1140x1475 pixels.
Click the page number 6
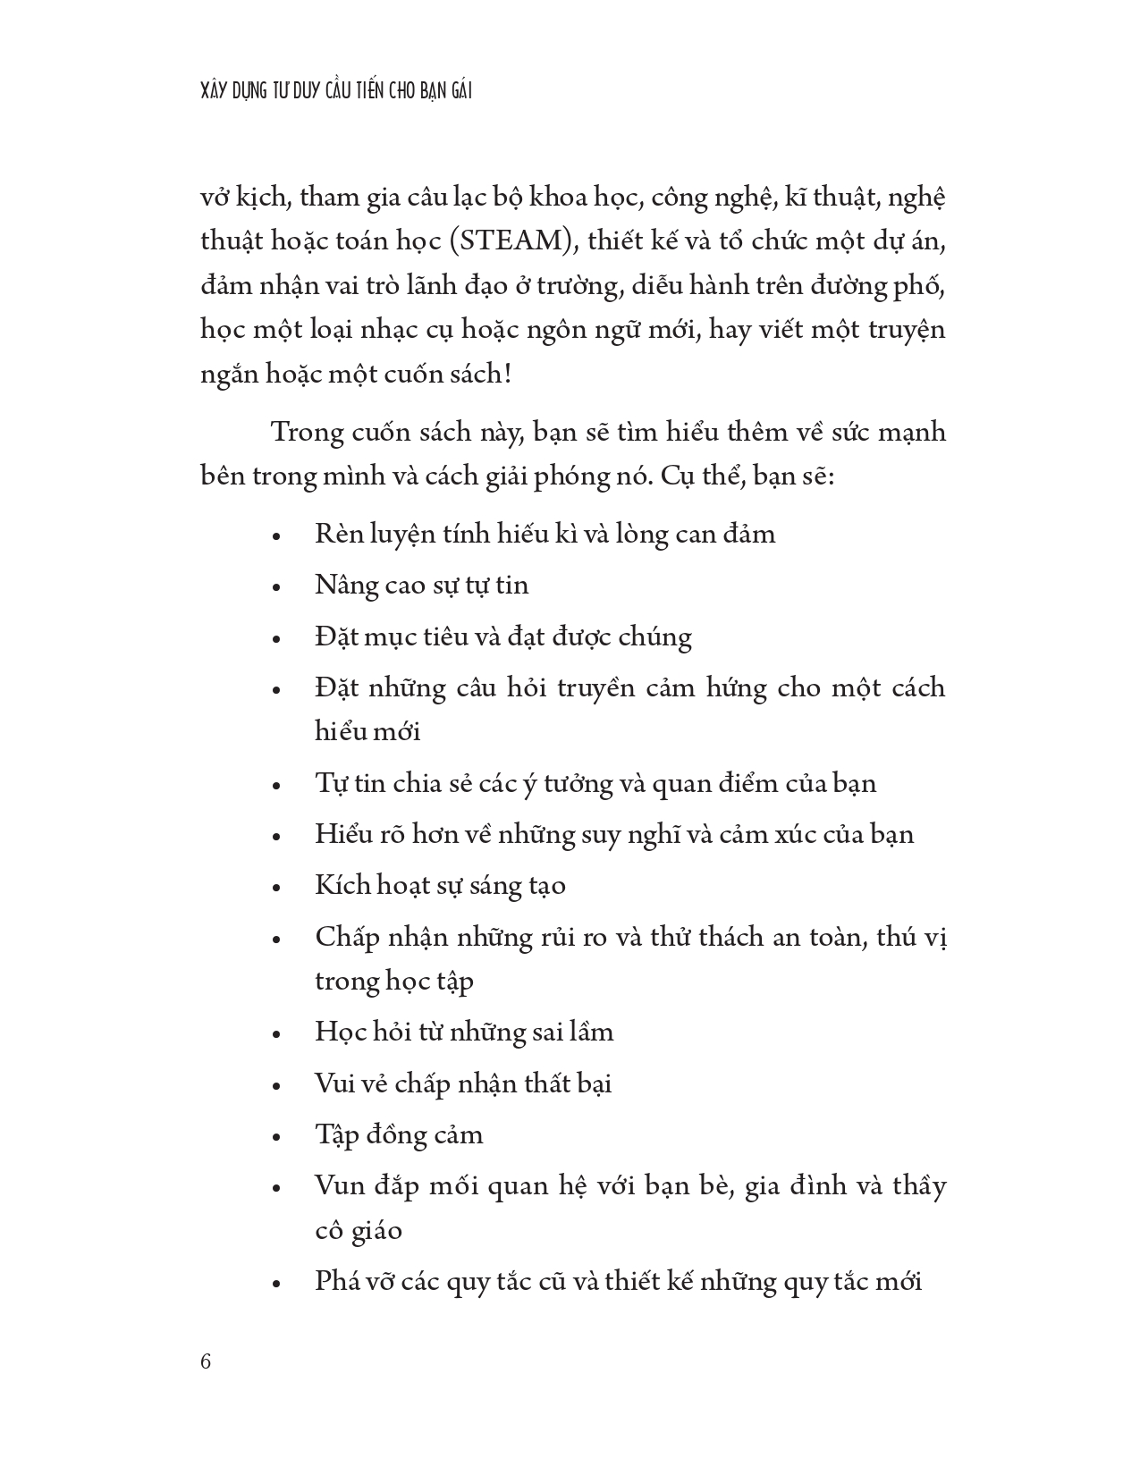pos(207,1362)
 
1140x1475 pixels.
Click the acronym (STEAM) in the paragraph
pos(512,241)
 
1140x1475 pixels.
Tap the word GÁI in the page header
pos(457,91)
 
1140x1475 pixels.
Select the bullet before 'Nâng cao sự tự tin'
pos(276,588)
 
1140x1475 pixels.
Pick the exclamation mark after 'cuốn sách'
pos(508,374)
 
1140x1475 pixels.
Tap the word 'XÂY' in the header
pos(217,91)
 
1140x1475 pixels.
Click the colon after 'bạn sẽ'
pos(831,477)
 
